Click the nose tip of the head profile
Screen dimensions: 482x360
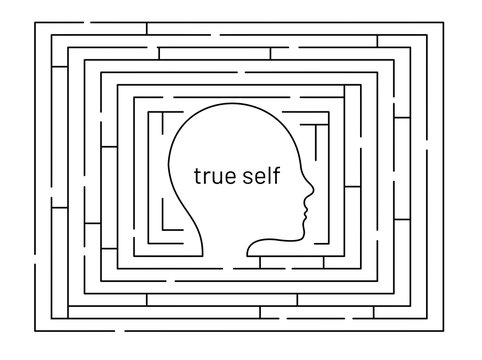click(x=314, y=190)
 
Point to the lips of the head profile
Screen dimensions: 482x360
click(x=306, y=209)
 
